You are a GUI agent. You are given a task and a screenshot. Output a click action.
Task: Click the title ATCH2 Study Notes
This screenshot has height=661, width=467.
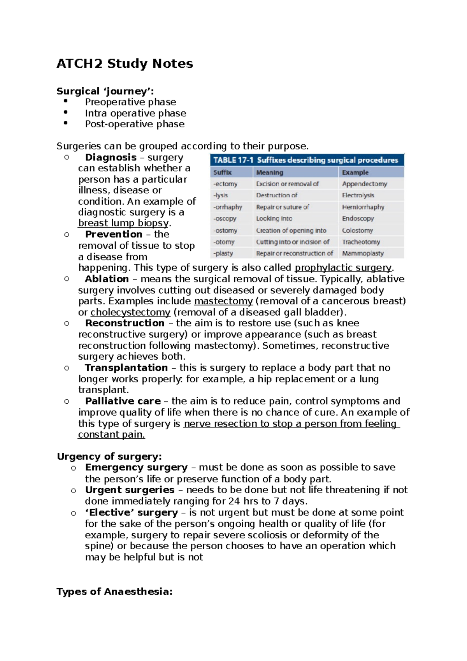click(x=125, y=63)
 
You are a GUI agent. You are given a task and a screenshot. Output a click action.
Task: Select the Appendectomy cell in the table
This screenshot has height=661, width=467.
click(x=364, y=184)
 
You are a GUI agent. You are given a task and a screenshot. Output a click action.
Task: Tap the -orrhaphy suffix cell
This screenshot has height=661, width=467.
click(x=228, y=207)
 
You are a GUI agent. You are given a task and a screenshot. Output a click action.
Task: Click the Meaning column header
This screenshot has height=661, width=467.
click(x=270, y=172)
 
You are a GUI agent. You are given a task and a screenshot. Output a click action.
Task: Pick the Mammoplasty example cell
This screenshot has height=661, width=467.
click(x=363, y=253)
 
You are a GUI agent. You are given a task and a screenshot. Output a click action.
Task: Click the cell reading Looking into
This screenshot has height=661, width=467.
click(x=274, y=219)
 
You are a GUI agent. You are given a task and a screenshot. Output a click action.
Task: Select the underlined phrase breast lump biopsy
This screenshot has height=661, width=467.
click(x=124, y=223)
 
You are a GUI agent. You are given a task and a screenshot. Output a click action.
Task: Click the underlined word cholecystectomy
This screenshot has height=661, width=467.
click(x=130, y=312)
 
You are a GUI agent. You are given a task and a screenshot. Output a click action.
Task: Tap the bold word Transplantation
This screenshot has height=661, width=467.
click(x=126, y=368)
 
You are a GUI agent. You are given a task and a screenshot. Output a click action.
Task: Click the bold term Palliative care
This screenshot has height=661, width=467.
click(x=123, y=401)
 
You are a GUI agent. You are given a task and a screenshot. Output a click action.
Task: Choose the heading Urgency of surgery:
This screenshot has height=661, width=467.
click(x=109, y=457)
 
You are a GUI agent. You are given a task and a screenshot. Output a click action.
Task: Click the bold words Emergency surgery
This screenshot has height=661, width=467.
click(x=136, y=468)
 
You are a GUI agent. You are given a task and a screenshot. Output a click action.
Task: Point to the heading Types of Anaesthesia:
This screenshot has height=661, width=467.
click(x=114, y=592)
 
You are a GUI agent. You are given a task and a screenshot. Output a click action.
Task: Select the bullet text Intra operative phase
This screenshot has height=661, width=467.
click(x=135, y=113)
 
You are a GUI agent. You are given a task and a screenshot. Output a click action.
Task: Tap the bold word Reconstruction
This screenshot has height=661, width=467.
click(x=125, y=323)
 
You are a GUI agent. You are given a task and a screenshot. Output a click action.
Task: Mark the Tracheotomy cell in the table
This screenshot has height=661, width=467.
click(x=361, y=242)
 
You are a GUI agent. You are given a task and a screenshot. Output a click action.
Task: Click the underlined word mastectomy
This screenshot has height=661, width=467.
click(x=223, y=301)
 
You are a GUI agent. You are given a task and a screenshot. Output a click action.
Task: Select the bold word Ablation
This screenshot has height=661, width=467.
click(x=107, y=279)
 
